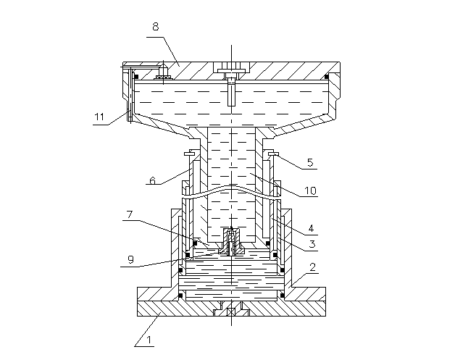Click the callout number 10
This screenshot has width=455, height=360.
[x=310, y=191]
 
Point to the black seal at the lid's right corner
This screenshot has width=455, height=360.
[x=327, y=77]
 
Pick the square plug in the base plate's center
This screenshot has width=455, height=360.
[x=231, y=311]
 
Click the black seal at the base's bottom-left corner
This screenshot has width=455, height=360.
[x=180, y=296]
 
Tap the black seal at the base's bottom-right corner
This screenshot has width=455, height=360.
[x=282, y=296]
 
